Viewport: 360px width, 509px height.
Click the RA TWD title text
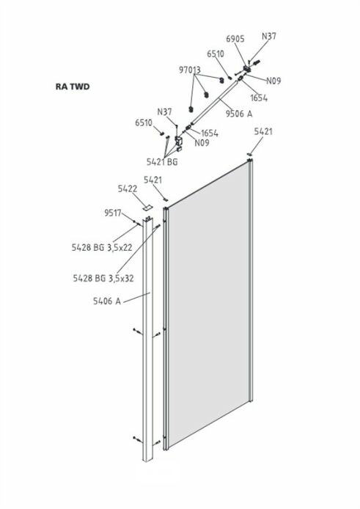(73, 87)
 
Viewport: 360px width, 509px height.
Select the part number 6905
(235, 39)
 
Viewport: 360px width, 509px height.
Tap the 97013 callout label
(190, 70)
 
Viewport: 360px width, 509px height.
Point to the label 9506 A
(239, 113)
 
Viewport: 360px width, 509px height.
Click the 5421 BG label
(162, 161)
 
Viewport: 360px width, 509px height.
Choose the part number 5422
(128, 188)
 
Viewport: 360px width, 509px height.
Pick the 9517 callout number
(113, 213)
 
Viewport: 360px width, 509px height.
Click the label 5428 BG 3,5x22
(102, 247)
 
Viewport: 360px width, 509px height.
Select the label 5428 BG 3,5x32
(103, 278)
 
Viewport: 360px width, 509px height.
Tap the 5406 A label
(107, 301)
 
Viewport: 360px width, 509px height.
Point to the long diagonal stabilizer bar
(214, 102)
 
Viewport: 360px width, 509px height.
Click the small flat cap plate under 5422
(147, 208)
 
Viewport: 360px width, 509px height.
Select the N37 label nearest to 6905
(269, 36)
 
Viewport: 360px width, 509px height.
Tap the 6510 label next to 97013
(216, 54)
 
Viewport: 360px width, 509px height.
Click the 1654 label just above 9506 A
(259, 98)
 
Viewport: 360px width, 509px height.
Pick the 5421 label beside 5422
(153, 180)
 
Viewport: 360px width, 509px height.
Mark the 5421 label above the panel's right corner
(263, 131)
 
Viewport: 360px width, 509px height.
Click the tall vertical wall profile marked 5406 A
(147, 340)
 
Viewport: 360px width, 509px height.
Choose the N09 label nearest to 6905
(273, 81)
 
